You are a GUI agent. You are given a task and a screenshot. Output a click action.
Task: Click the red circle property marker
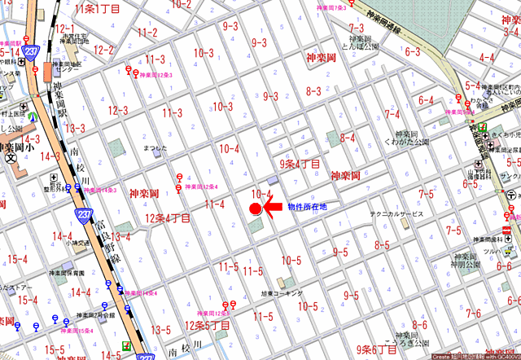coord(255,209)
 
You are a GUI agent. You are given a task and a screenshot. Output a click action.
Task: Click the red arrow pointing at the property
coord(272,207)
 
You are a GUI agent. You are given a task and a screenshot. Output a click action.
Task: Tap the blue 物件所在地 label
coord(308,207)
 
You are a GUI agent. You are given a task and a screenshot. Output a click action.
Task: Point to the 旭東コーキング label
coord(281,292)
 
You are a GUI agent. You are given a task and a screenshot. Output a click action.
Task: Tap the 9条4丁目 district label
coord(299,164)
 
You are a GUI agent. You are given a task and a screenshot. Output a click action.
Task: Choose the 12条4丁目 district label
coord(168,218)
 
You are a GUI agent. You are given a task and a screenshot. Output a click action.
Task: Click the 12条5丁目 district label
coord(208,325)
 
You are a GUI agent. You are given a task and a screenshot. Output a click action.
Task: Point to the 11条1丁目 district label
coord(96,7)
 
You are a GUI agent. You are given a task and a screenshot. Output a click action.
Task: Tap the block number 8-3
coord(313,90)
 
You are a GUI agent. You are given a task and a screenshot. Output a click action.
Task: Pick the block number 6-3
coord(412,52)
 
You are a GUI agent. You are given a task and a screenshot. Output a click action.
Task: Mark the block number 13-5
coord(161,330)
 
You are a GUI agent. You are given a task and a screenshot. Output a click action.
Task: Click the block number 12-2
coord(103,50)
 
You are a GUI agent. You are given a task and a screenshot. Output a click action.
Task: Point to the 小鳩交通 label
coord(77,242)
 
